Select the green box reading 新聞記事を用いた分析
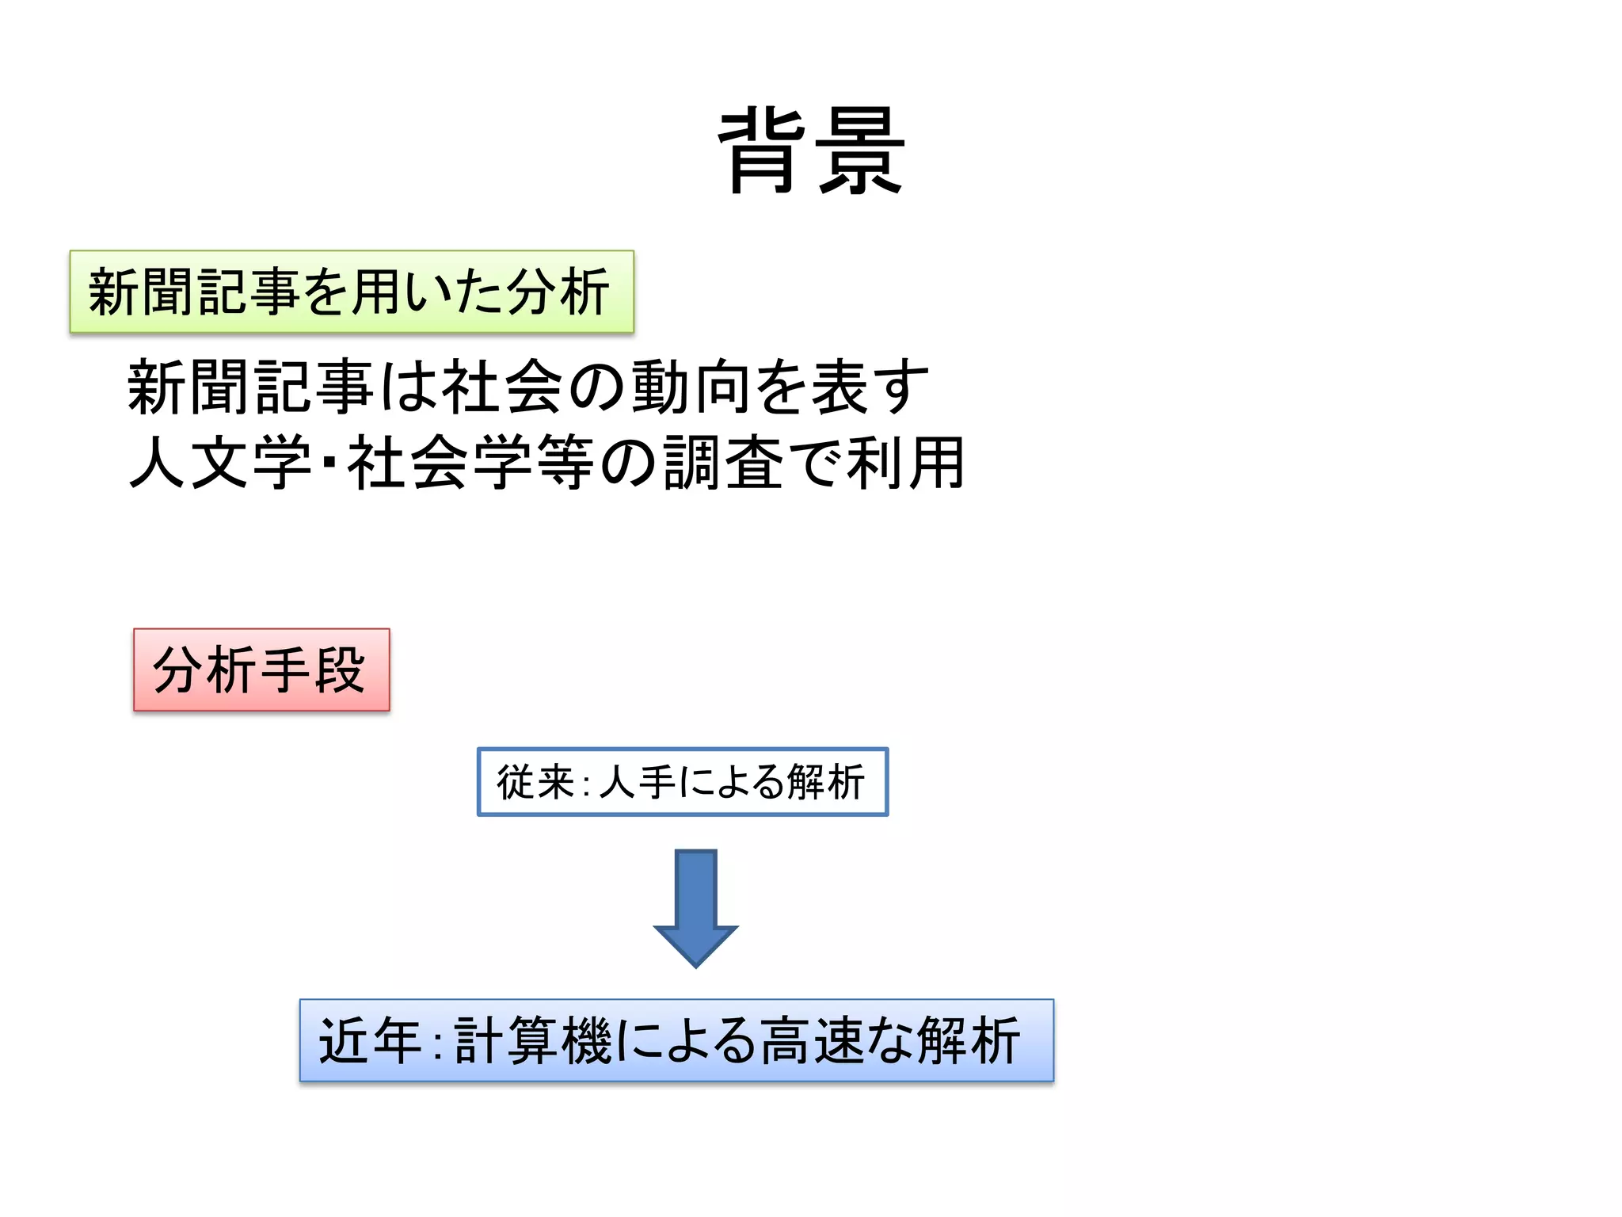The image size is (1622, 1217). [x=352, y=292]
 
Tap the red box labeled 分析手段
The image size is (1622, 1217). [x=261, y=670]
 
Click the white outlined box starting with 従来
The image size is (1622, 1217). [x=682, y=782]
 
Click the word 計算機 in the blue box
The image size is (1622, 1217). [x=533, y=1040]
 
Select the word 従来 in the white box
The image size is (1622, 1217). [x=535, y=782]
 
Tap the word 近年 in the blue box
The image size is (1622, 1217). [x=369, y=1040]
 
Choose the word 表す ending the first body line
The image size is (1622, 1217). [x=870, y=387]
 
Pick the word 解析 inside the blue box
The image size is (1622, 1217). [x=969, y=1040]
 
